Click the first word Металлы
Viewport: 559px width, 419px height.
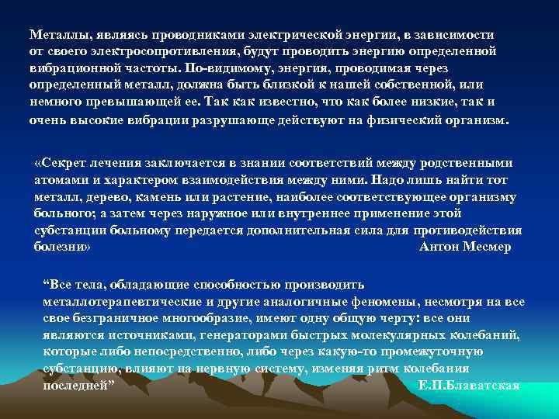coord(57,36)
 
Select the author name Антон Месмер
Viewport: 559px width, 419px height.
coord(465,247)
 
